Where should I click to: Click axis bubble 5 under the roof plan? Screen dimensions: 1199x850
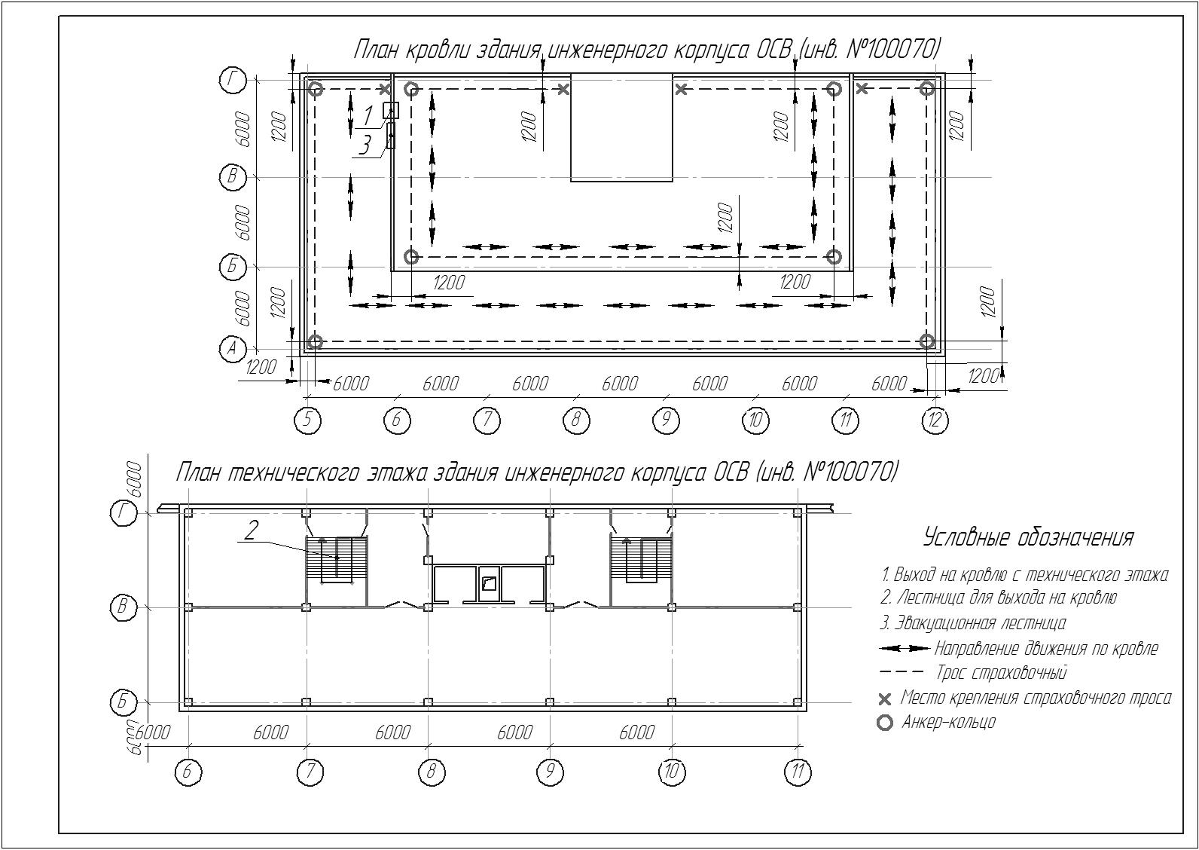tap(308, 420)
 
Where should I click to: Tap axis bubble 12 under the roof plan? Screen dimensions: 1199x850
tap(935, 420)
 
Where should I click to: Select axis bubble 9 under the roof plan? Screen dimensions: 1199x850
tap(666, 420)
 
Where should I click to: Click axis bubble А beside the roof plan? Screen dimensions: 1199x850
tap(232, 349)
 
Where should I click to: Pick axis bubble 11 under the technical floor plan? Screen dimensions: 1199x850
tap(798, 772)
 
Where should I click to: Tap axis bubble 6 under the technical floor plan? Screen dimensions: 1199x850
tap(188, 772)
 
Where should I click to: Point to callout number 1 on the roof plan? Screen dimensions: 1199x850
tap(368, 116)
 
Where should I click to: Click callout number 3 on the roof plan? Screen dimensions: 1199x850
tap(365, 145)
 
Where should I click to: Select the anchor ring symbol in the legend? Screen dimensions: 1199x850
tap(886, 723)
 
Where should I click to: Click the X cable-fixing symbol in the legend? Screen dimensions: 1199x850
tap(886, 699)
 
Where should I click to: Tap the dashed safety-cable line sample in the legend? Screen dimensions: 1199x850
tap(902, 671)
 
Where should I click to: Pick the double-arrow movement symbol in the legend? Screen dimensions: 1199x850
tap(905, 649)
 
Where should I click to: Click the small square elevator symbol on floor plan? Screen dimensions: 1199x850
tap(487, 582)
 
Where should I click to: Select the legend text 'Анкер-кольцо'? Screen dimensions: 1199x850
tap(948, 722)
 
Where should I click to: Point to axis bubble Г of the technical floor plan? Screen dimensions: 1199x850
tap(124, 513)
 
